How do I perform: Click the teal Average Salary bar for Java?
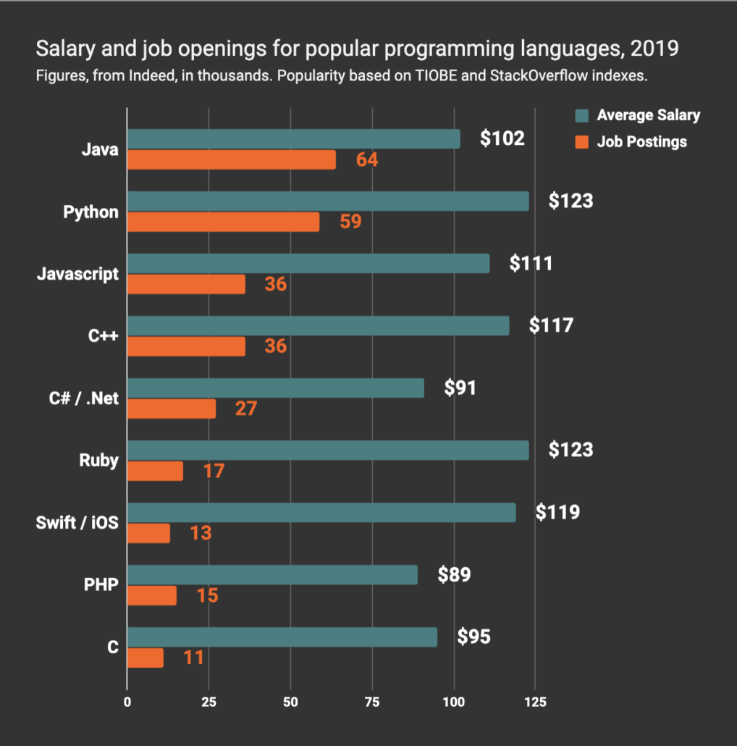tap(293, 139)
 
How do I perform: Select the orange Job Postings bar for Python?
tap(223, 222)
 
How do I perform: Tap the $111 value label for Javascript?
tap(531, 263)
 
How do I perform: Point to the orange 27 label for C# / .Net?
tap(245, 408)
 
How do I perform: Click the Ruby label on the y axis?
tap(98, 460)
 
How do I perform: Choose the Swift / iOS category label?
tap(77, 522)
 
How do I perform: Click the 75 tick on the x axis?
tap(371, 701)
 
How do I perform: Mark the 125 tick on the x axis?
tap(534, 701)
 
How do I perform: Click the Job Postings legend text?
tap(641, 142)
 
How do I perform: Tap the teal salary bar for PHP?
tap(272, 575)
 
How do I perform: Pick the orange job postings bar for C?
tap(145, 658)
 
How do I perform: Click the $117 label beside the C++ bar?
tap(551, 325)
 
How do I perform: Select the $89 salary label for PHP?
tap(454, 575)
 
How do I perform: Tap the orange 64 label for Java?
tap(367, 159)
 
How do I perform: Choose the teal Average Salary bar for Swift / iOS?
tap(321, 513)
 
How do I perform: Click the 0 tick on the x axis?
tap(127, 701)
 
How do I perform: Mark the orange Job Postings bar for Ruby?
tap(155, 471)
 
